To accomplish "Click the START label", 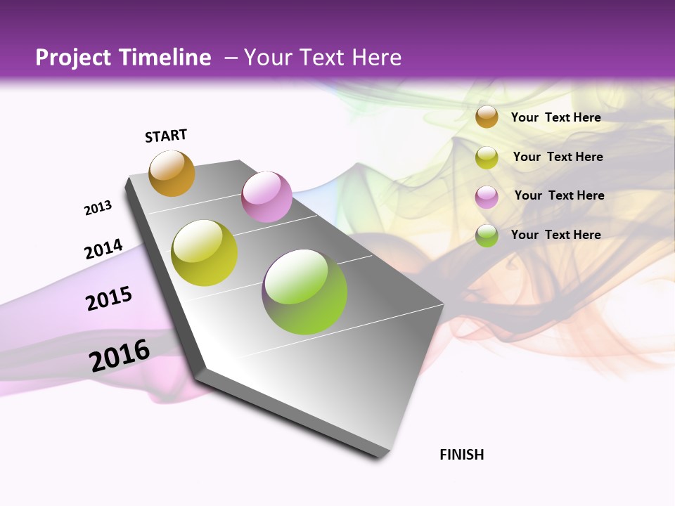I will [166, 136].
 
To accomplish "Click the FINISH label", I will [462, 455].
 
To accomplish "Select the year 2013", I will [98, 208].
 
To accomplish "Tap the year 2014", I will [103, 249].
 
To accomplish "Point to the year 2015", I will [109, 299].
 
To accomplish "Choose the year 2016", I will [120, 355].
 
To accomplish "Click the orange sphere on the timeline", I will [172, 173].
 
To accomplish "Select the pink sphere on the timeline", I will [266, 197].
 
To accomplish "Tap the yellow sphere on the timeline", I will [205, 253].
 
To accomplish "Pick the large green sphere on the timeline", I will [304, 292].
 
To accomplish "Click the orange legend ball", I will [487, 117].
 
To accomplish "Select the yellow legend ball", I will [487, 157].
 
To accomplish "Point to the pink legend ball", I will [487, 197].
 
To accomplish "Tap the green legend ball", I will [487, 235].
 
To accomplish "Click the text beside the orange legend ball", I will [555, 117].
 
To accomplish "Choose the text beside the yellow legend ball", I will [558, 157].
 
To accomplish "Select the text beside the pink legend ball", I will [559, 195].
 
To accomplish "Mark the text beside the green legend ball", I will [555, 235].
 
